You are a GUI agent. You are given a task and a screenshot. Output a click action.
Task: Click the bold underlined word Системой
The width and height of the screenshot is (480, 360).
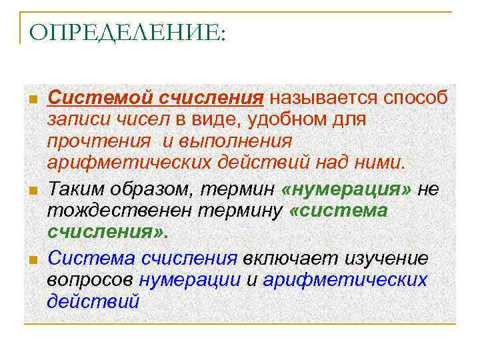[x=99, y=98]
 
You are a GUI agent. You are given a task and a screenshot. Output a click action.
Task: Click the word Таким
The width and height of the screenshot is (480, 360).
[x=75, y=189]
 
